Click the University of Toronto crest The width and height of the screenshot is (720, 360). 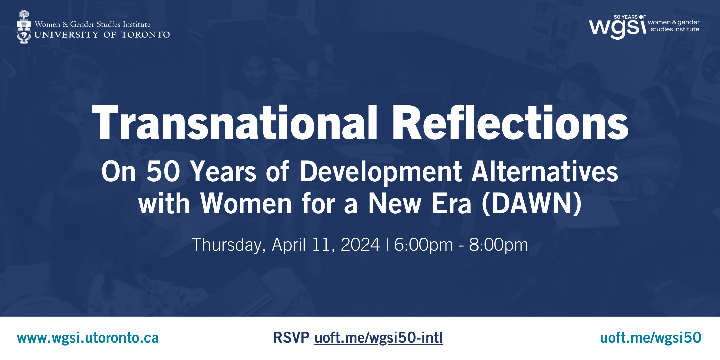[24, 27]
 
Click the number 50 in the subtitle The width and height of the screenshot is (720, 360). [163, 171]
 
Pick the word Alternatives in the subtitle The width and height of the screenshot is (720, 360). [545, 171]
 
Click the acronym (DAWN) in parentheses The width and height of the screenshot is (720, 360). [532, 204]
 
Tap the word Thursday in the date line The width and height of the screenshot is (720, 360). [229, 245]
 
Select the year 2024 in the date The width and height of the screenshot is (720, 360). [360, 245]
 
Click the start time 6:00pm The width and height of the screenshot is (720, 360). [423, 245]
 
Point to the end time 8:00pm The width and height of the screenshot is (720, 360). [498, 245]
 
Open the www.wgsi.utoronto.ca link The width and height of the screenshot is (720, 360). [88, 338]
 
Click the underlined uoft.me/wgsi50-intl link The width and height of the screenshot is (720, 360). [379, 338]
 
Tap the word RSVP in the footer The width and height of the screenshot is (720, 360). [291, 338]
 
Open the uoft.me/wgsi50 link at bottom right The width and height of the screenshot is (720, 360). [651, 338]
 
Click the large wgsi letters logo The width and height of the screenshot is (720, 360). [618, 28]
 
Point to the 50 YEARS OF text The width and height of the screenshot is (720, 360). [630, 17]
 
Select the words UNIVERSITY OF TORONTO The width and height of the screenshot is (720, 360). [102, 35]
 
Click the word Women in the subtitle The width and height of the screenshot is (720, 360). [246, 204]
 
